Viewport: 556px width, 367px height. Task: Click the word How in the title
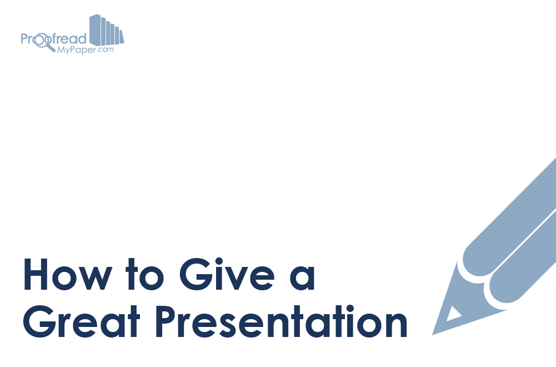click(x=68, y=274)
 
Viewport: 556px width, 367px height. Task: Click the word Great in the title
click(x=82, y=321)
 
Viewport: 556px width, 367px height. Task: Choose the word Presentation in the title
click(x=282, y=321)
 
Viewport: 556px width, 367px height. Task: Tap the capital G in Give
click(x=195, y=274)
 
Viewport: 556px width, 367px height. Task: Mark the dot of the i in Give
click(x=219, y=261)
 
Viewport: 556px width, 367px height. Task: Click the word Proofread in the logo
click(x=53, y=38)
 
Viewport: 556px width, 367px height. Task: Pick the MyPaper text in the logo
click(x=77, y=51)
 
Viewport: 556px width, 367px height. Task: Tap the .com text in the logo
click(x=106, y=49)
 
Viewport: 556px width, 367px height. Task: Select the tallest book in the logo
click(x=95, y=29)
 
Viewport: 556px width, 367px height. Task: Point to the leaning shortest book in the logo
click(x=122, y=37)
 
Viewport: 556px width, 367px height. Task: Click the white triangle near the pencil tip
click(x=453, y=314)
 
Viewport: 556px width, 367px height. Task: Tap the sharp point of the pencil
click(x=433, y=334)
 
